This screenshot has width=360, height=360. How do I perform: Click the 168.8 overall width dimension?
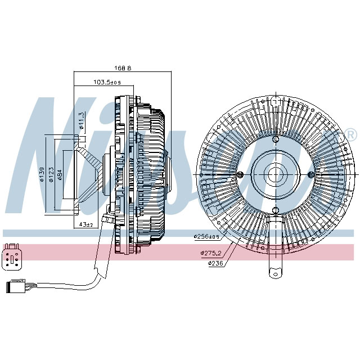point(123,68)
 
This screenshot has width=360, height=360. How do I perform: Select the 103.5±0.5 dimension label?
point(107,83)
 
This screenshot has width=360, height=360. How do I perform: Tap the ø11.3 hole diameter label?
point(82,120)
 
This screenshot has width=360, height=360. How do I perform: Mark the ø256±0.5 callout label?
point(206,237)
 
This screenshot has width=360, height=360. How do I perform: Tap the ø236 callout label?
point(217,263)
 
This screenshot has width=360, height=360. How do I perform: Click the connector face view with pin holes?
point(12,256)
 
